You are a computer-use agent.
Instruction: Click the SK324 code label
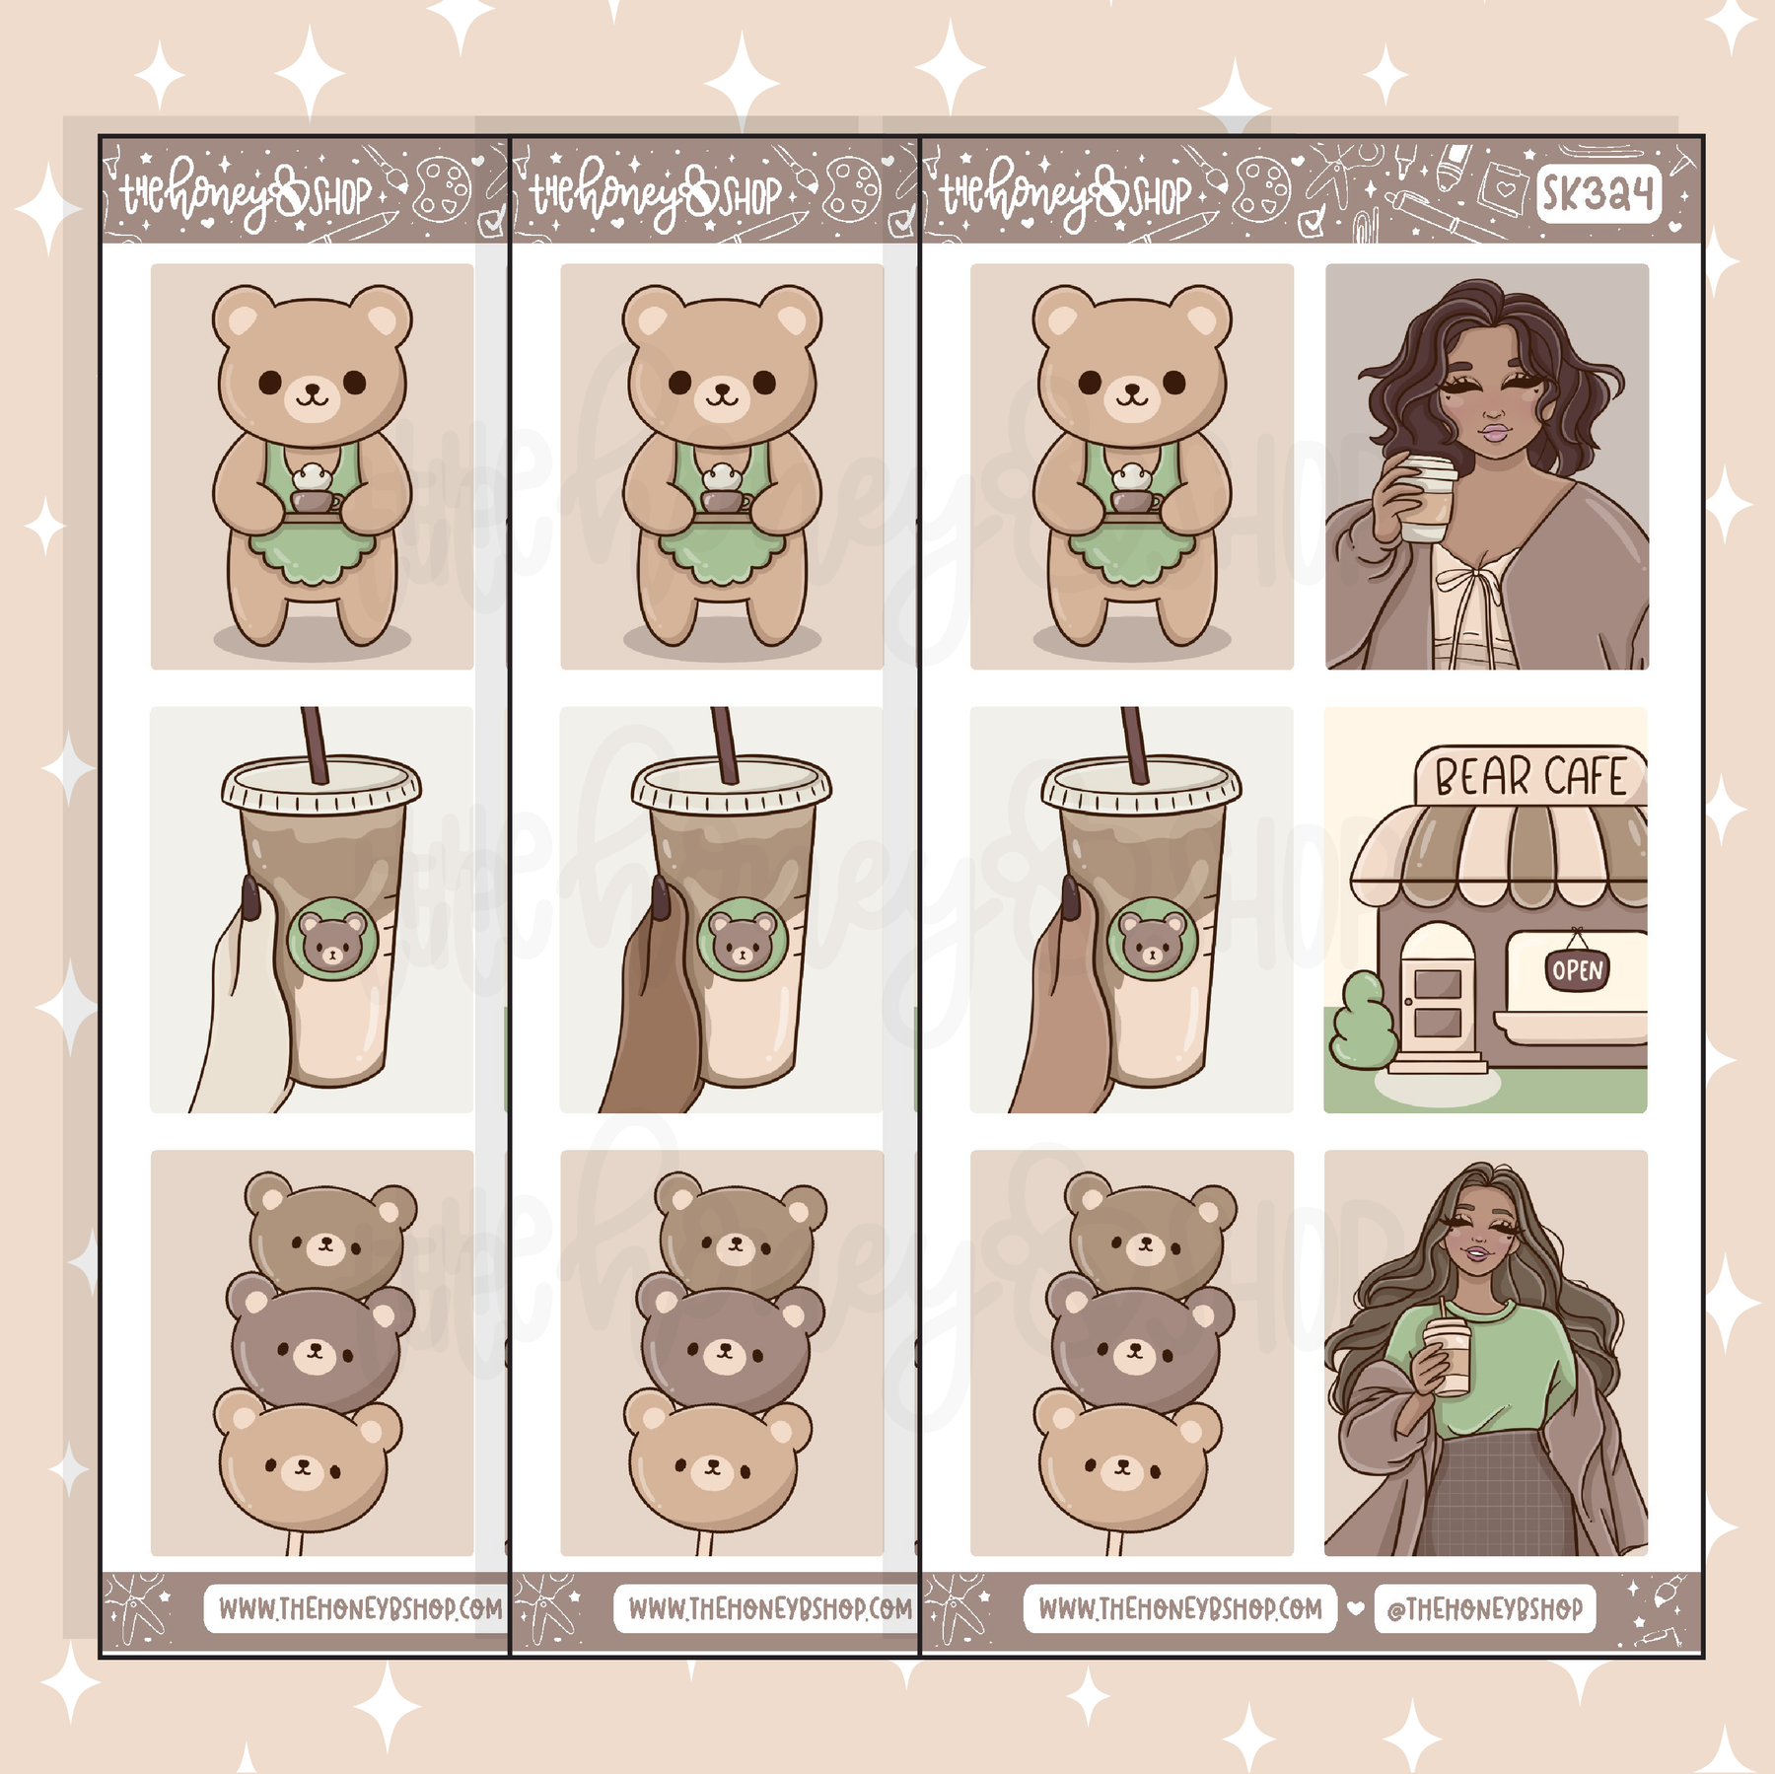(x=1597, y=192)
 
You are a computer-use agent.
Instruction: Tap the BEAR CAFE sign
(x=1530, y=776)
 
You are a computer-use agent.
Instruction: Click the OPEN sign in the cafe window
(x=1577, y=970)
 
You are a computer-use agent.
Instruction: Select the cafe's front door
(x=1438, y=997)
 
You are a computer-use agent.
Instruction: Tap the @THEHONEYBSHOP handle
(x=1484, y=1608)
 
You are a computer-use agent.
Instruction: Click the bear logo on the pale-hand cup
(x=332, y=938)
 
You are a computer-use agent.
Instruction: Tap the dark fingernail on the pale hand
(x=249, y=898)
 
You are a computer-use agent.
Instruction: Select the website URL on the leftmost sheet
(x=359, y=1608)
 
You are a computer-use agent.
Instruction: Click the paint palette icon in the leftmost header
(x=441, y=188)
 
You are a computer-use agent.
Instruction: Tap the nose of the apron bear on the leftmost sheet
(x=312, y=389)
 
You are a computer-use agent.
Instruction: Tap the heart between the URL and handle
(x=1356, y=1607)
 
